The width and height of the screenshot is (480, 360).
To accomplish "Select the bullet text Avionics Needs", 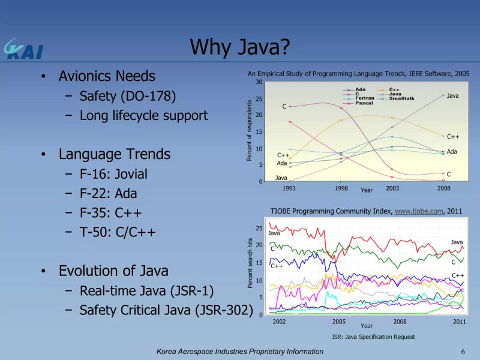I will click(107, 76).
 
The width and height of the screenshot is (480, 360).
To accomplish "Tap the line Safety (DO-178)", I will click(128, 96).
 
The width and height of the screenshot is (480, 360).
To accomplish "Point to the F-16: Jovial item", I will click(113, 175).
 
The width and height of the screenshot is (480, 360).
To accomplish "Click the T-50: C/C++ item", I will click(118, 232).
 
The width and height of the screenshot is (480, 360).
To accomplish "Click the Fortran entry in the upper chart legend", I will click(365, 98).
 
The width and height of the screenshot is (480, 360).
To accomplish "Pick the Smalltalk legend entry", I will click(401, 98).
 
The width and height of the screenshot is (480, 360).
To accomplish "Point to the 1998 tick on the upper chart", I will click(341, 188).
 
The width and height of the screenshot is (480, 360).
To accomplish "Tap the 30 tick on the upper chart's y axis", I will click(259, 82).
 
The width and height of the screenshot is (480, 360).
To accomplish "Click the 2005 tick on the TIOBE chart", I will click(339, 322).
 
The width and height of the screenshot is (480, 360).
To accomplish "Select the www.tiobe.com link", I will click(418, 211).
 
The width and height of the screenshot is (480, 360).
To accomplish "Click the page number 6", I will click(463, 351).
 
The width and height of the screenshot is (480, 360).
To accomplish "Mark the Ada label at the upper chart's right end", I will click(452, 152).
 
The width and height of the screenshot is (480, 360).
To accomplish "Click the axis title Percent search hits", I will click(250, 263).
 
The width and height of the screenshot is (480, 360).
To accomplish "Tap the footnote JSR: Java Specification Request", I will click(373, 337).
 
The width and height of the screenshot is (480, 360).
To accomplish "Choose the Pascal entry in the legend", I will click(364, 103).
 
